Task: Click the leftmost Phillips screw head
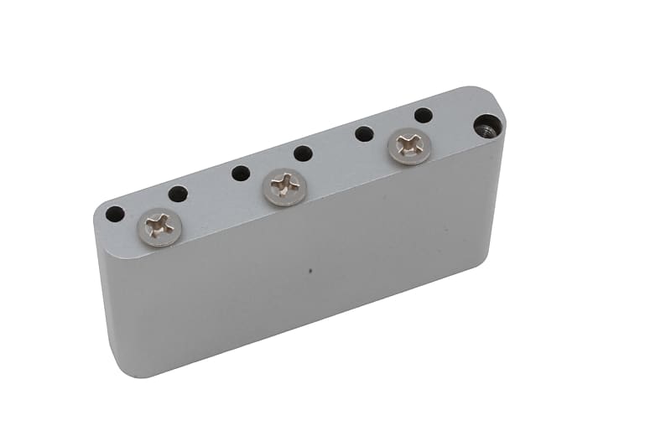(x=159, y=226)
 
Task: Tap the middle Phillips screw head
(x=284, y=186)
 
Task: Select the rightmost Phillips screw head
(x=409, y=146)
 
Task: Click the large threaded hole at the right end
(x=486, y=127)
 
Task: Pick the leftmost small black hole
(x=115, y=214)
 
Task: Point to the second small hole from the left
(x=178, y=194)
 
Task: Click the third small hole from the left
(x=241, y=174)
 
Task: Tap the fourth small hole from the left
(x=303, y=153)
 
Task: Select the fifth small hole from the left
(x=364, y=133)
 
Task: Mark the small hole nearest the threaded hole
(x=424, y=115)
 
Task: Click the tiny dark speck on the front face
(x=310, y=271)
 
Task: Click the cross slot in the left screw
(x=159, y=225)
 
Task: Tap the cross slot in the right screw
(x=409, y=145)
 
